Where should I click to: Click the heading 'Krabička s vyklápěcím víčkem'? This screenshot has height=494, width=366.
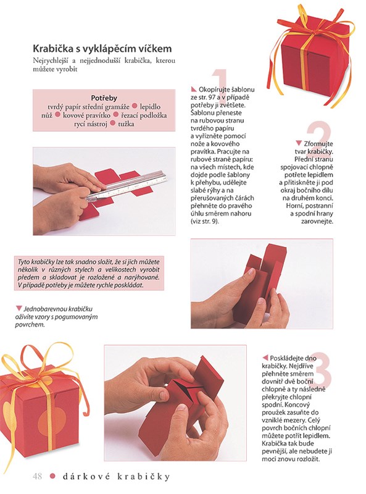click(x=102, y=49)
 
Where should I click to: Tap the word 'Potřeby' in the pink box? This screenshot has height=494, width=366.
click(x=104, y=98)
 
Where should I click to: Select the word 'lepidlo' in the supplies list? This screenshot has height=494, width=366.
click(x=150, y=107)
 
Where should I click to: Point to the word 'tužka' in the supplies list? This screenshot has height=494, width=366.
click(x=126, y=124)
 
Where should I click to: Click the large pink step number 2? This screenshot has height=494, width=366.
click(x=318, y=136)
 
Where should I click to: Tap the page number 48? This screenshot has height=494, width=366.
click(x=37, y=476)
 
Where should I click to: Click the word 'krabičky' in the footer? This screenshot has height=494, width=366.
click(x=144, y=476)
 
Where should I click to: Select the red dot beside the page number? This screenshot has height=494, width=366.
click(x=52, y=476)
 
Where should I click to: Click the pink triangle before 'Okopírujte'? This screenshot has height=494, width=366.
click(x=194, y=89)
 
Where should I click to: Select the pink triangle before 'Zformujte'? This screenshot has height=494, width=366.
click(x=299, y=143)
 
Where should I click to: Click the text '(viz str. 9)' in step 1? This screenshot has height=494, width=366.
click(x=204, y=222)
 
